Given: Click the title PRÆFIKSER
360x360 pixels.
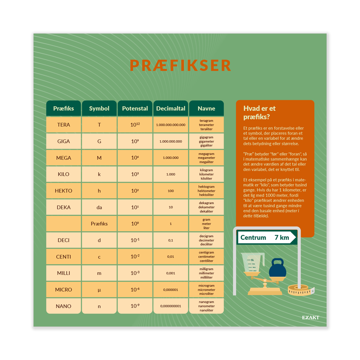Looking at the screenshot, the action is click(x=180, y=65).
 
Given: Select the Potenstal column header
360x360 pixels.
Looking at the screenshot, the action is click(x=135, y=108).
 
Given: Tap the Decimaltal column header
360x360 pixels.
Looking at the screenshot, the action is click(x=171, y=108).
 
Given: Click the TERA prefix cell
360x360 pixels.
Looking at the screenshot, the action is click(x=63, y=125).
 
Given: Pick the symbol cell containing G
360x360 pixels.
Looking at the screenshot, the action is click(x=99, y=141).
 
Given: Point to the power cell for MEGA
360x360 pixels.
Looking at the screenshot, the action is click(x=135, y=158).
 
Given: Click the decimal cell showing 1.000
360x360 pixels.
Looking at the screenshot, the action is click(x=171, y=174).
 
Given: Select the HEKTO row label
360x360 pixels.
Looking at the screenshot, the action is click(x=63, y=191).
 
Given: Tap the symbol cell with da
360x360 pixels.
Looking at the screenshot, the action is click(x=99, y=207).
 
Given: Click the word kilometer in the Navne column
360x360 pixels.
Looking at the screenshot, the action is click(x=206, y=174).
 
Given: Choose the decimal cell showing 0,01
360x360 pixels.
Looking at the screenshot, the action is click(x=171, y=256).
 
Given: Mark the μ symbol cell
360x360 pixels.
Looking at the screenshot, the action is click(x=99, y=290).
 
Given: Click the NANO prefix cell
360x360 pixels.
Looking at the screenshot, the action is click(x=63, y=306).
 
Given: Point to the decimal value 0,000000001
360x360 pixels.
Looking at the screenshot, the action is click(x=171, y=306).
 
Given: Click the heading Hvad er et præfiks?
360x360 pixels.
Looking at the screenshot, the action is click(x=259, y=112).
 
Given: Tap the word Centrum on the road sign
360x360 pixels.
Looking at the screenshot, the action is click(x=253, y=237).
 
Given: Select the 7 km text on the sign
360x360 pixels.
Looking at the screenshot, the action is click(x=282, y=237).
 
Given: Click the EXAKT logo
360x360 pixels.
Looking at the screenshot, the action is click(x=310, y=317).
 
